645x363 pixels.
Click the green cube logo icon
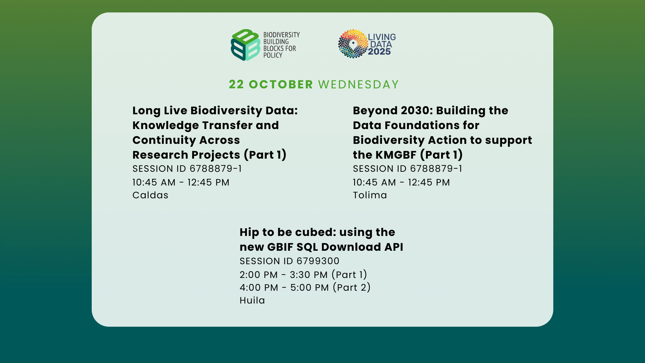[x=246, y=45]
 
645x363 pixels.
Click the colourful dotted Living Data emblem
[x=353, y=44]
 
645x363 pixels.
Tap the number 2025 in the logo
[x=379, y=51]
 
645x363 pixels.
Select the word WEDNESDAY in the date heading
[x=358, y=84]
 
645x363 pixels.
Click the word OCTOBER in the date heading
[x=281, y=84]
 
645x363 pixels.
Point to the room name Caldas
[x=150, y=195]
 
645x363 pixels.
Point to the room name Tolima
[x=370, y=195]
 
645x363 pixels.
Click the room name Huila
[x=252, y=300]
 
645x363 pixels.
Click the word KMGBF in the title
[x=396, y=155]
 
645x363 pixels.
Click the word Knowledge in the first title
[x=165, y=126]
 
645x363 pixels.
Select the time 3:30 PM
[x=309, y=275]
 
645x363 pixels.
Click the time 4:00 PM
[x=259, y=287]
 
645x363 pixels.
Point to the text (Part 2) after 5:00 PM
[x=352, y=287]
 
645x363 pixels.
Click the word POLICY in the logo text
[x=273, y=55]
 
